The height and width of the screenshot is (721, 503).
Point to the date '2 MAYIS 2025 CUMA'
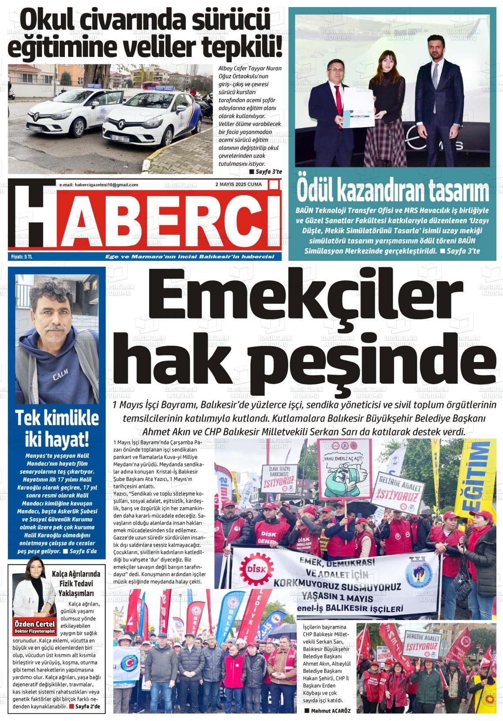238,185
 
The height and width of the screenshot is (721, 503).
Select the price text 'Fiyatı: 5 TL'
22,257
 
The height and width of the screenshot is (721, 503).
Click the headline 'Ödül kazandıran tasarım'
393,192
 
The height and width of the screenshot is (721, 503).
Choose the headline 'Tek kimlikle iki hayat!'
52,428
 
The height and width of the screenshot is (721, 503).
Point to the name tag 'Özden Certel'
35,624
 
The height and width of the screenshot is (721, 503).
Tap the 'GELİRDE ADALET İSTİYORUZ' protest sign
398,493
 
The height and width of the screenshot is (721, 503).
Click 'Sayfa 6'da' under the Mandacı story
83,551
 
